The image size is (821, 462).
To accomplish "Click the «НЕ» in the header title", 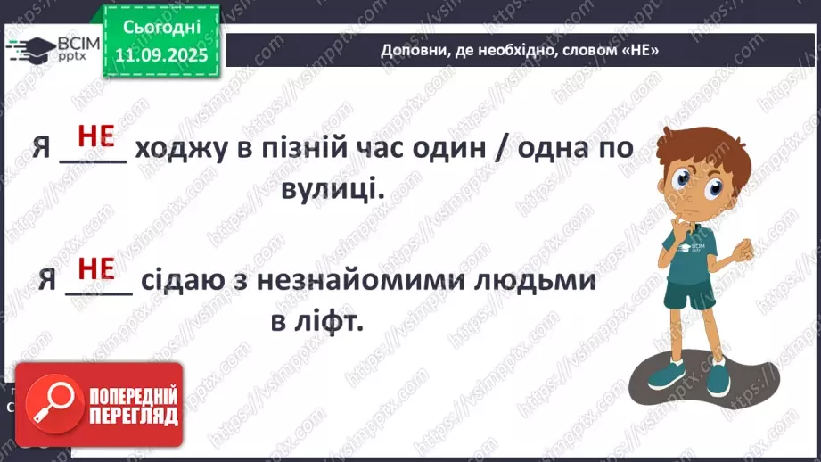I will pyautogui.click(x=644, y=51).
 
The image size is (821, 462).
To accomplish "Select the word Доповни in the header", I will pyautogui.click(x=409, y=51).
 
